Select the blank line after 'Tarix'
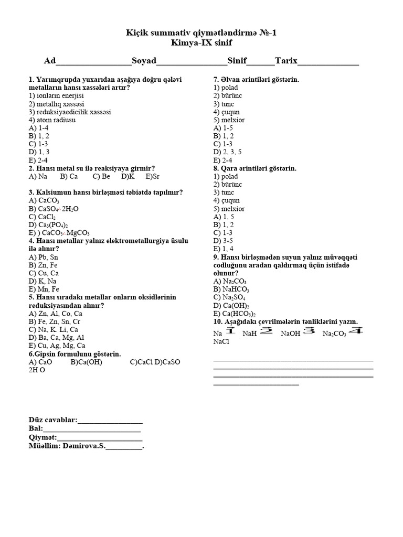coord(328,62)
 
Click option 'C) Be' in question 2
coord(100,177)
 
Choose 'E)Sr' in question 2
coord(152,177)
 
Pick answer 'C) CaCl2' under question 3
coord(43,217)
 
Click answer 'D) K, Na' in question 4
coord(43,281)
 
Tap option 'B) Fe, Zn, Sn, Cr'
coord(55,321)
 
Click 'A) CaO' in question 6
coord(40,362)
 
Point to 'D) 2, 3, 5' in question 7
coord(227,152)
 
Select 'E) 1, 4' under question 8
coord(222,249)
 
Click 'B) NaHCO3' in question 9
coord(231,289)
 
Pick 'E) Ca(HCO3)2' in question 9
coord(235,314)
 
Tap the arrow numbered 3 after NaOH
coord(309,331)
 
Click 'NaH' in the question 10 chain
coord(249,334)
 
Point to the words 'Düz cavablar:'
coord(52,420)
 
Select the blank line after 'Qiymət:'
coord(100,437)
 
